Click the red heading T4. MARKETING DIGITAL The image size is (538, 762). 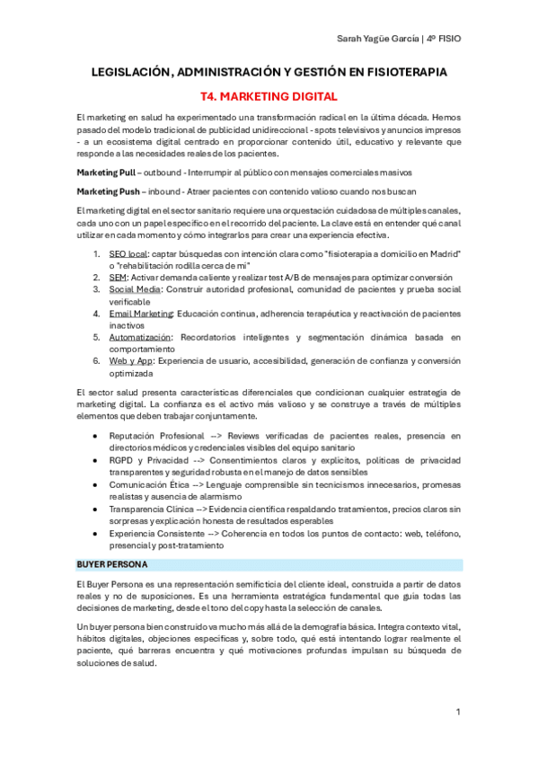pos(268,94)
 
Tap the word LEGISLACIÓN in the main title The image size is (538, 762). pos(130,71)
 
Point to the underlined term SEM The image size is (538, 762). pos(117,278)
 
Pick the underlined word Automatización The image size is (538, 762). pos(139,336)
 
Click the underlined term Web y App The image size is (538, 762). pos(130,360)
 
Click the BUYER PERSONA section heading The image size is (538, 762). pos(112,564)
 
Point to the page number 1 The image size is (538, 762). pos(458,712)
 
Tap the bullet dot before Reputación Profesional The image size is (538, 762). pos(96,436)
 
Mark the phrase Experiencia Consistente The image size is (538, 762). pos(154,532)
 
